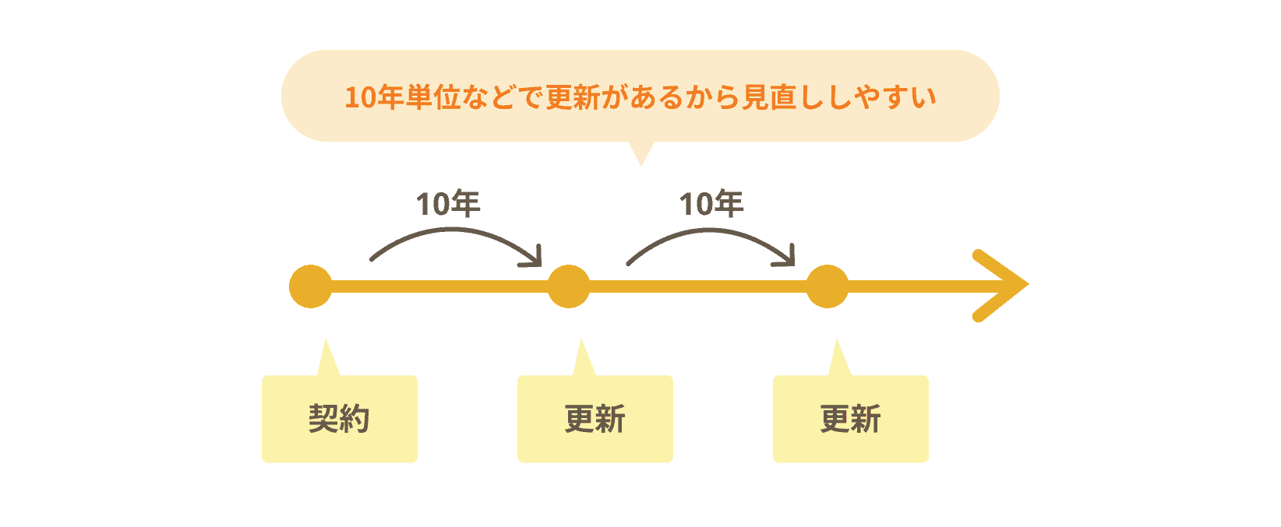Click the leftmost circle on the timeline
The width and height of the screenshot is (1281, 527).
(x=310, y=286)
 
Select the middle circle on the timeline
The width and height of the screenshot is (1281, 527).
(x=569, y=286)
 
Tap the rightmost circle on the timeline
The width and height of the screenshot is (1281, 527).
(x=827, y=286)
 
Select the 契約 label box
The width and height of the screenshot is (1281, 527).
(x=339, y=419)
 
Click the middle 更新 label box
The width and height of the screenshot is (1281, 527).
(x=595, y=419)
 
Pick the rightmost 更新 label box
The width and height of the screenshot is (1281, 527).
(x=850, y=419)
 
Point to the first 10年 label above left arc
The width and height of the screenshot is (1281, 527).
(x=448, y=204)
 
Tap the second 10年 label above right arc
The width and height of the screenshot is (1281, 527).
(x=711, y=204)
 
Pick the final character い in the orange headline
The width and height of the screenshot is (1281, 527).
(x=923, y=98)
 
